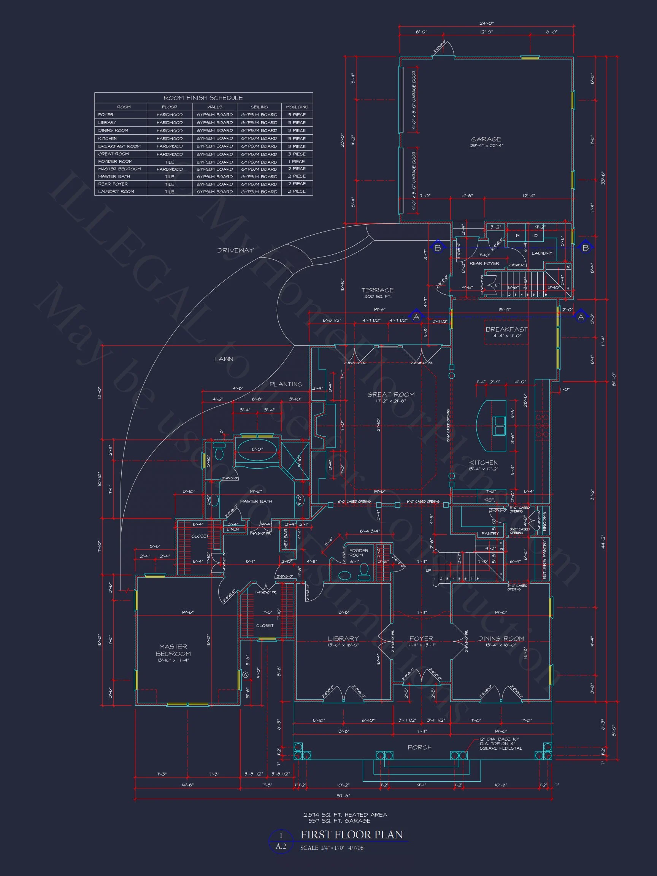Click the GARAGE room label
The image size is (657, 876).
486,140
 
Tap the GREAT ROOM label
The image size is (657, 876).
391,395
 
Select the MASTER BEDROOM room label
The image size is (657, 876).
173,650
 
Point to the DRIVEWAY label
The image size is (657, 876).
235,250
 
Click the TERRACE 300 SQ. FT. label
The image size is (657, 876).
378,293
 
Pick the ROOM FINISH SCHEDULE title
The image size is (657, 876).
203,98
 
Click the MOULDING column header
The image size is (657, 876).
297,107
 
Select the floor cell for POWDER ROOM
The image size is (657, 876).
170,162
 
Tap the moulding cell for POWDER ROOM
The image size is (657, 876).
297,162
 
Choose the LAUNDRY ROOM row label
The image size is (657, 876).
116,192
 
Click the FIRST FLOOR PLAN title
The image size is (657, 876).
351,835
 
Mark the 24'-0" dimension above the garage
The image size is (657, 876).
486,23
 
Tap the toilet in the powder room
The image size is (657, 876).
364,571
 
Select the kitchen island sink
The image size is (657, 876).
499,425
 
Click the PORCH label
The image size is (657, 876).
420,747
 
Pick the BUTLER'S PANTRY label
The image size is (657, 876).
544,559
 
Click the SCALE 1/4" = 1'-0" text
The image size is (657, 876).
322,848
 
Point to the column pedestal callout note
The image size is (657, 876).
501,744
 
